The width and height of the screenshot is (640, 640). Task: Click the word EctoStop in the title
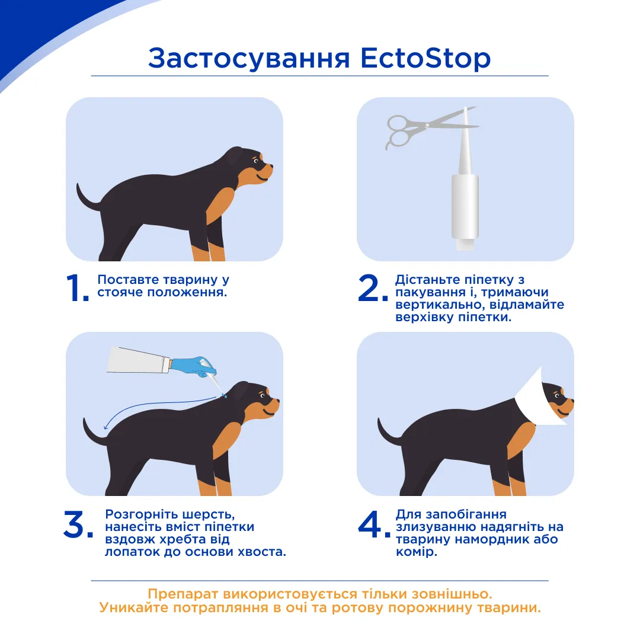[425, 58]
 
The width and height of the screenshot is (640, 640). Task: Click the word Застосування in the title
[249, 59]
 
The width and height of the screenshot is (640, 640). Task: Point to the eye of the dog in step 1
[257, 161]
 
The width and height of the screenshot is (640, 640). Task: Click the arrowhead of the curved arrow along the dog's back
[106, 427]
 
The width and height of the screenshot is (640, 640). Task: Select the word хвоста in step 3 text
[264, 552]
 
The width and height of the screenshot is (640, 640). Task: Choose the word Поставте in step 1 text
[128, 280]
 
